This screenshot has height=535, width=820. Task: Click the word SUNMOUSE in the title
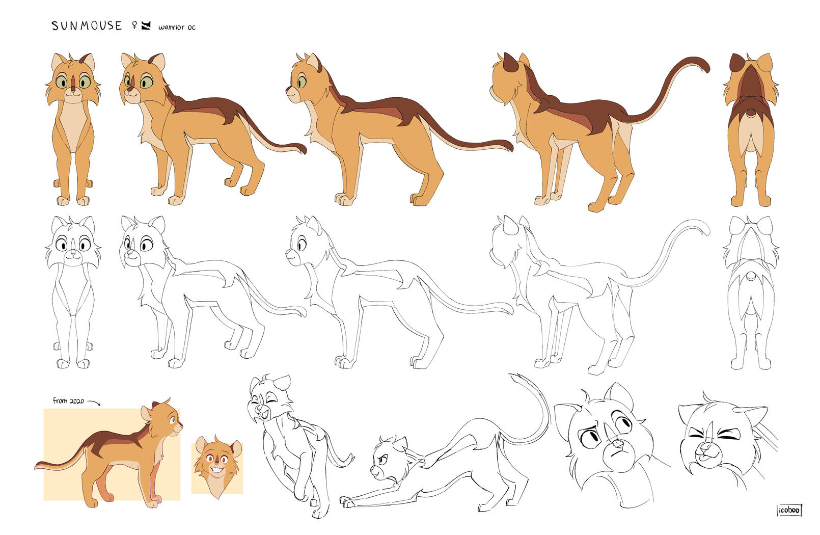coord(87,25)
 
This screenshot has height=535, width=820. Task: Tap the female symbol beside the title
coord(134,25)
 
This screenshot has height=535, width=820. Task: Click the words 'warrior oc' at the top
coord(177,27)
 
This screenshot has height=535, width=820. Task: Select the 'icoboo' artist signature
coord(789,510)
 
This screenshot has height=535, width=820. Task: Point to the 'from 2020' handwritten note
coord(68,400)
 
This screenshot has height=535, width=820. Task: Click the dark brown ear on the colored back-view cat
coord(737,63)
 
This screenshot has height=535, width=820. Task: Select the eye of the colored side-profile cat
coord(302,82)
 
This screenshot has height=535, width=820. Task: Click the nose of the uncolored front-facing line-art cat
coord(73,253)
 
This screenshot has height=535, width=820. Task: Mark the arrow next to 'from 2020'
coord(93,403)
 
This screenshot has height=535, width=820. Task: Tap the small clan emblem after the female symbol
coord(146,25)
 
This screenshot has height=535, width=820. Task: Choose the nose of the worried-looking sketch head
coord(618,444)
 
